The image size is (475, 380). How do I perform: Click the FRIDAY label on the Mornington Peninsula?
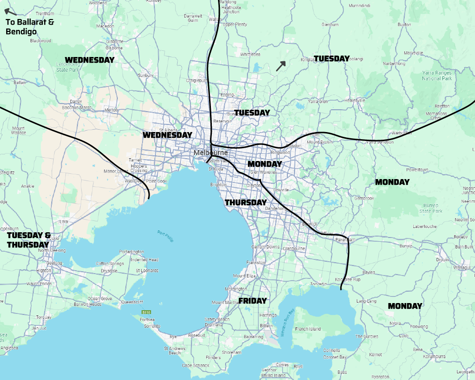tap(252, 301)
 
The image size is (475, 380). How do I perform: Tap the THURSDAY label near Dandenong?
tap(246, 202)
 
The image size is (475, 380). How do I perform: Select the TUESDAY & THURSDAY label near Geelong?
tap(28, 240)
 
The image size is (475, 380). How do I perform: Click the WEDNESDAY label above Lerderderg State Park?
tap(89, 60)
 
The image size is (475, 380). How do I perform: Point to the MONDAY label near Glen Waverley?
tap(265, 164)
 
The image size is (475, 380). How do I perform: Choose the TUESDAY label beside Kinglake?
tap(331, 58)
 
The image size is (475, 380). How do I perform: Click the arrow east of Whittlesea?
tap(281, 66)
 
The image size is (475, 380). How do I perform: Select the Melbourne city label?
tap(210, 152)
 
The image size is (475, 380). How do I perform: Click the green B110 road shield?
tap(146, 312)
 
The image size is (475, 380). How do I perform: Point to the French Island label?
tap(307, 329)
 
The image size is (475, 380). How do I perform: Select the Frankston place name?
tap(256, 262)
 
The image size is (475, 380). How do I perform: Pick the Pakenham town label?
tap(345, 240)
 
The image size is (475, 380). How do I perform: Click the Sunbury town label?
tap(145, 75)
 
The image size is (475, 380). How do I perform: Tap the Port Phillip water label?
tap(166, 236)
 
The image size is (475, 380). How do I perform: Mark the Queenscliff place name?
tap(132, 302)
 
